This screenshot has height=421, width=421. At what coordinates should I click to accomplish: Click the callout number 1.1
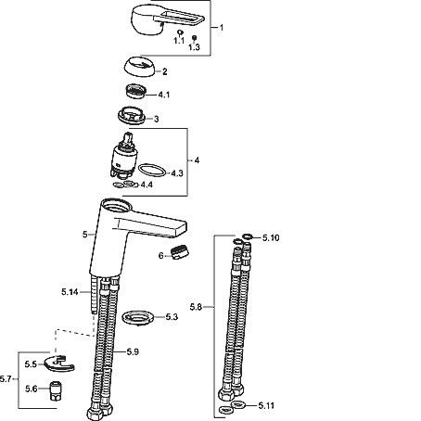179,41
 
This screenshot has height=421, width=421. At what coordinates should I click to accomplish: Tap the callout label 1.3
194,47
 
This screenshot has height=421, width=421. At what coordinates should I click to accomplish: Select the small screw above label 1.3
194,38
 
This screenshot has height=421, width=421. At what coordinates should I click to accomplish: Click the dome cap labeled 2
139,67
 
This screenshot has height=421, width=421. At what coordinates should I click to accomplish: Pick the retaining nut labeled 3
132,115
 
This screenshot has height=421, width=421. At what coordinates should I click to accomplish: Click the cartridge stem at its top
128,136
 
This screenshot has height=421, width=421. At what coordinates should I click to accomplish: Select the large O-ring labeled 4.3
152,171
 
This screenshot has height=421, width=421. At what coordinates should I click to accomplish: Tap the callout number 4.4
147,185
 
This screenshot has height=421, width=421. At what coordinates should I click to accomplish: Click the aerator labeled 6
180,251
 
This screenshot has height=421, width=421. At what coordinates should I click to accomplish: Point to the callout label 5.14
70,292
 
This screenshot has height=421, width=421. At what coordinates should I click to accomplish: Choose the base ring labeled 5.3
138,318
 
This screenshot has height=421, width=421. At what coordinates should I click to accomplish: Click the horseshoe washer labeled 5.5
58,364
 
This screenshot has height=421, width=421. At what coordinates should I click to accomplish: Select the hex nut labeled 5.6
56,391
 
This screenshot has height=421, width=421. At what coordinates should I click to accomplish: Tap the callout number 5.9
133,351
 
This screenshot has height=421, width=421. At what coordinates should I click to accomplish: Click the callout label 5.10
271,237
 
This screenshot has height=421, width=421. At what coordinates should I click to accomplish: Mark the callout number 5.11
266,405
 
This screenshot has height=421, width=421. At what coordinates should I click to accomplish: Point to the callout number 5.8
196,307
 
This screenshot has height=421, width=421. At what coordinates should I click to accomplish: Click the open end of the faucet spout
182,229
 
